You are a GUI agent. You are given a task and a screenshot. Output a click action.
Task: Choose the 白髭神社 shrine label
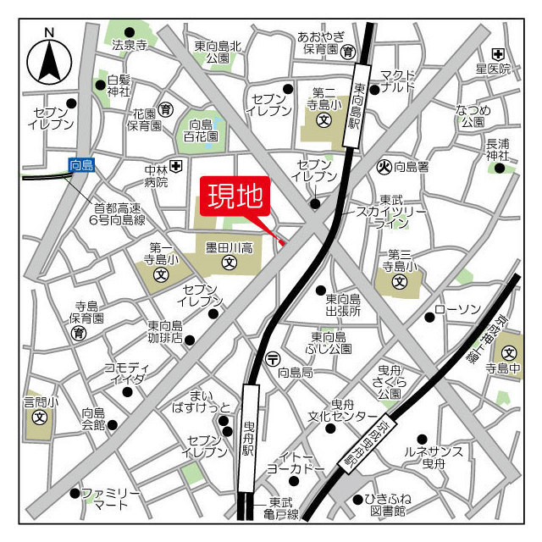(119, 86)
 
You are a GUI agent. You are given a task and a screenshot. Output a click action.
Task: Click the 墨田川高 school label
(229, 247)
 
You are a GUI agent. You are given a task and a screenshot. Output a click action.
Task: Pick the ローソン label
(457, 309)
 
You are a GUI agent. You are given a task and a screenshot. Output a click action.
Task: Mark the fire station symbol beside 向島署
(383, 167)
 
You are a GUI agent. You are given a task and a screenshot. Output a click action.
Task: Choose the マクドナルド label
(398, 80)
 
